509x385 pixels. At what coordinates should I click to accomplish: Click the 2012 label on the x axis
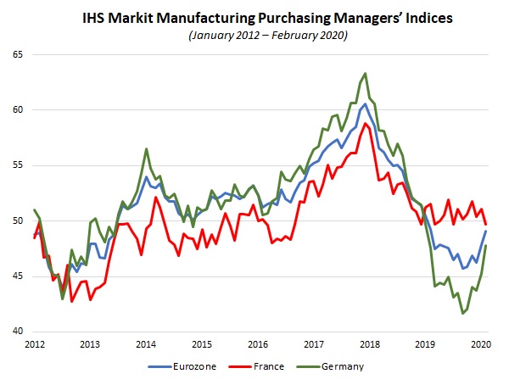(35, 344)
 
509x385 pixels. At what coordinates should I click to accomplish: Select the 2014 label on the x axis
(146, 344)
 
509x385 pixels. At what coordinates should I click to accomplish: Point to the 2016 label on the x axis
(256, 344)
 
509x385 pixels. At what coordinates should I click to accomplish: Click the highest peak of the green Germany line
(365, 73)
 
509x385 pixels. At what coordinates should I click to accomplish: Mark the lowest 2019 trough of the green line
(463, 313)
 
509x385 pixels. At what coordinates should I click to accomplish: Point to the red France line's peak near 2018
(366, 123)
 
